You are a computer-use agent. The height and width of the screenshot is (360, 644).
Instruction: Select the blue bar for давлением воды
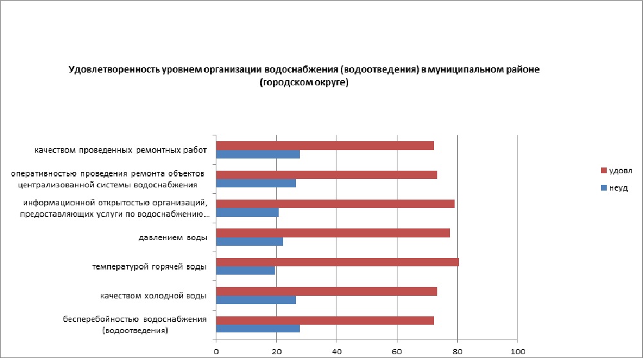249,241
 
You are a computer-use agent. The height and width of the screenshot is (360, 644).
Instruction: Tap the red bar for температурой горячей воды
337,262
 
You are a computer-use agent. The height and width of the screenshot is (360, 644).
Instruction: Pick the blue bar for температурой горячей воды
245,270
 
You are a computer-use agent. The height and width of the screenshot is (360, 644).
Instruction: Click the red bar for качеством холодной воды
326,291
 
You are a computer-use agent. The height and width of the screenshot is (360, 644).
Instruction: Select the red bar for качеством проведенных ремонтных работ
325,146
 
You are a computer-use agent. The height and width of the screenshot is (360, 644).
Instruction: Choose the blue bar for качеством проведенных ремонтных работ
257,154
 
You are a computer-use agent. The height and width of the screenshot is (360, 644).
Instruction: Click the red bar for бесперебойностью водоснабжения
325,320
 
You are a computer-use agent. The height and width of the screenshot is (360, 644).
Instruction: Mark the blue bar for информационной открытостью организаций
247,212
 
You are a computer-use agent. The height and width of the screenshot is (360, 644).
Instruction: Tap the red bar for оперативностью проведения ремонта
326,175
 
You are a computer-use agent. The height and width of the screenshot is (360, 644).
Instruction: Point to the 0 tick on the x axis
216,352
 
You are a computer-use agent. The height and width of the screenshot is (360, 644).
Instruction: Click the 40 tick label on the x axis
336,352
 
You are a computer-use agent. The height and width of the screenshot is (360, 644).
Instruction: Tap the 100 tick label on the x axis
518,352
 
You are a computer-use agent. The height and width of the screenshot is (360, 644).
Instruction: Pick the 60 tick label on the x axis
397,352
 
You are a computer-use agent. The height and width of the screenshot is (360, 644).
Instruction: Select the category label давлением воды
173,237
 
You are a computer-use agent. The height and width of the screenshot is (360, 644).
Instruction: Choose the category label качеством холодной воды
153,296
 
